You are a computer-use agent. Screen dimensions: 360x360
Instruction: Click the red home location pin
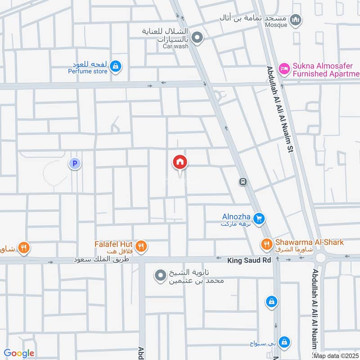click(x=180, y=162)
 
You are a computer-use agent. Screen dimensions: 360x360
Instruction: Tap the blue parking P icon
click(x=75, y=164)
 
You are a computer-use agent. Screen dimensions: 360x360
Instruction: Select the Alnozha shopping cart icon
click(x=259, y=219)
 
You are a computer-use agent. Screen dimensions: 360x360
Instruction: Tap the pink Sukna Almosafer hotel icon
click(x=284, y=69)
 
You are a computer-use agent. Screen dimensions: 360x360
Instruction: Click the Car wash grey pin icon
click(x=197, y=38)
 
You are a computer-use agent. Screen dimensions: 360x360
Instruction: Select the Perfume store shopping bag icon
click(x=116, y=66)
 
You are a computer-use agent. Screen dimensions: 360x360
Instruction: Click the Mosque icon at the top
click(x=296, y=19)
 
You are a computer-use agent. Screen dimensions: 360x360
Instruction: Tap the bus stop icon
click(x=243, y=181)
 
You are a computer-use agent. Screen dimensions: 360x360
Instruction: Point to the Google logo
click(x=19, y=353)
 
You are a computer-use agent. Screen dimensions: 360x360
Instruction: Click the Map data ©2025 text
click(x=336, y=356)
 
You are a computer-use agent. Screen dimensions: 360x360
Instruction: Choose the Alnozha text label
click(x=236, y=216)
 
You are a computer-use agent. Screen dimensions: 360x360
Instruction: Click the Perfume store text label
click(x=88, y=71)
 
